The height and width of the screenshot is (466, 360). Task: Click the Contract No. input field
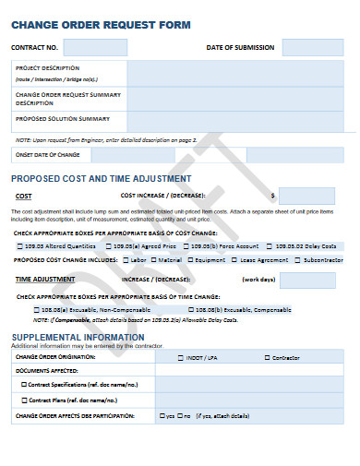point(96,47)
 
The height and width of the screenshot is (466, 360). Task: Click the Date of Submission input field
point(312,47)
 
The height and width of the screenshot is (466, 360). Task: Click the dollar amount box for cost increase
point(306,196)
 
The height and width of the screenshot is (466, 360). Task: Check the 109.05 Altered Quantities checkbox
point(20,246)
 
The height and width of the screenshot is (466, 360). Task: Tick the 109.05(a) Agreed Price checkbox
point(109,246)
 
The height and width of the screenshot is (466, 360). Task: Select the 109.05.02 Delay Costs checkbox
point(270,246)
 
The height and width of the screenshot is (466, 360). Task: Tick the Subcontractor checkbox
point(297,260)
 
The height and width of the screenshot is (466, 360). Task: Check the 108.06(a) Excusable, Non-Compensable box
point(38,309)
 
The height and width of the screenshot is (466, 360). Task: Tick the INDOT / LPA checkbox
point(180,356)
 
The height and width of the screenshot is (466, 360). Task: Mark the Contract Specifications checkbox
point(25,383)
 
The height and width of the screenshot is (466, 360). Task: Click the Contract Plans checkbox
point(25,400)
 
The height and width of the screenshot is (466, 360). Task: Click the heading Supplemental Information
point(66,337)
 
